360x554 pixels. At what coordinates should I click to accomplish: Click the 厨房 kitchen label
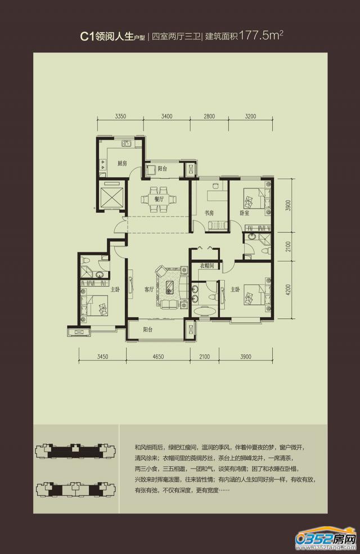[122, 164]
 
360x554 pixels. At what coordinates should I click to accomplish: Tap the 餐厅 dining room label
[158, 199]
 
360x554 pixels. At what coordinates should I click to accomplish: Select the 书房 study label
[209, 213]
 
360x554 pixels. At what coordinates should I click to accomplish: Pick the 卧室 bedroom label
[244, 213]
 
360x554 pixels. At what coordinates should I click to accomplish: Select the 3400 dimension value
[166, 117]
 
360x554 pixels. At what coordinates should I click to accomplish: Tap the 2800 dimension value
[209, 117]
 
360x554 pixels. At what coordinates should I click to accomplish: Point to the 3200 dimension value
[250, 117]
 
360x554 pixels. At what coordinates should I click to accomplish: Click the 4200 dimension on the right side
[289, 290]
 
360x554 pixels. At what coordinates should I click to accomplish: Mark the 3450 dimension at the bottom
[102, 356]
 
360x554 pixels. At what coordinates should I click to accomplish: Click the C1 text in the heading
[86, 37]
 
